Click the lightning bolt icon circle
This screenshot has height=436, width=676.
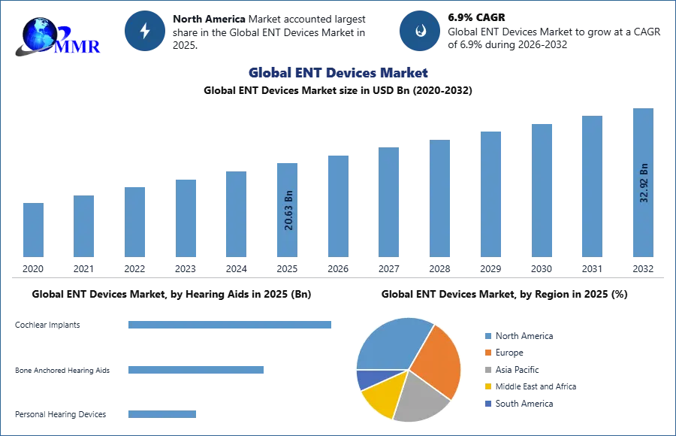coord(145,31)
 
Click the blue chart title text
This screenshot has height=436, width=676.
coord(338,73)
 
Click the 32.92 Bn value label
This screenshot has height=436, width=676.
coord(644,183)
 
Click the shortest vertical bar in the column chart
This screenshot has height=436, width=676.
coord(33,229)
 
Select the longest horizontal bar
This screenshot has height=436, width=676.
coord(231,325)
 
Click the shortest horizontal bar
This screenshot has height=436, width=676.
coord(161,414)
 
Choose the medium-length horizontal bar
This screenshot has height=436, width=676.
coord(195,370)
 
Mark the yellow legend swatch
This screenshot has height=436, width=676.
coord(487,386)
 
